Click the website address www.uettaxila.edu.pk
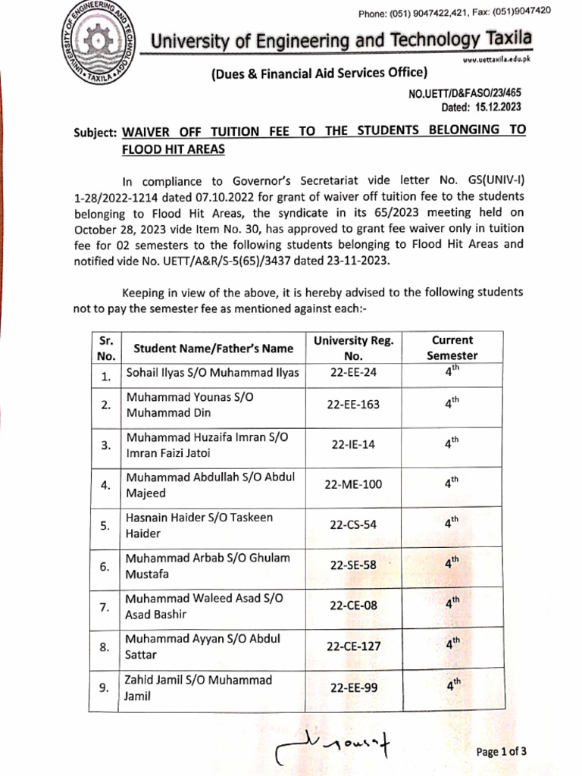[496, 59]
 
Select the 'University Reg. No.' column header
[353, 348]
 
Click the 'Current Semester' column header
[452, 348]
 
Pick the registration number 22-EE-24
[353, 372]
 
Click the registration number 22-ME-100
[353, 485]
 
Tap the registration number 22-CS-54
[353, 525]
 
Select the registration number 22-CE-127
[353, 646]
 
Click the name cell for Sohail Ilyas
[212, 373]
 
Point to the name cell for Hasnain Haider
[199, 525]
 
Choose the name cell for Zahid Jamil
[199, 687]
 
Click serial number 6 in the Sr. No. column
[105, 566]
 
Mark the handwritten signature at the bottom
[333, 746]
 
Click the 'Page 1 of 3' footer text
[501, 752]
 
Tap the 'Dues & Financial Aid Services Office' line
[318, 73]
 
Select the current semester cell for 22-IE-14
[452, 444]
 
